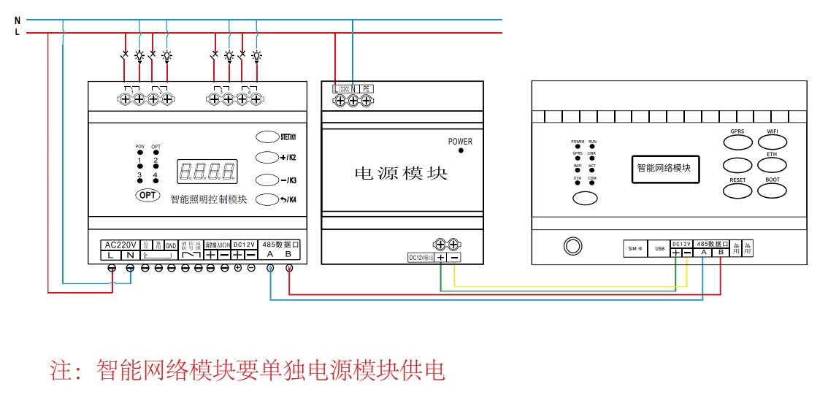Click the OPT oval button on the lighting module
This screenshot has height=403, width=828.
[x=147, y=195]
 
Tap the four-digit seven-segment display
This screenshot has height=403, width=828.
[x=207, y=172]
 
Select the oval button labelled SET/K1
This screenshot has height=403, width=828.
[x=267, y=137]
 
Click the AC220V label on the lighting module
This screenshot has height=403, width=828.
[x=120, y=245]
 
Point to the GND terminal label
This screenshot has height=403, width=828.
[x=170, y=245]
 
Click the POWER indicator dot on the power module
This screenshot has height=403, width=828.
[x=461, y=150]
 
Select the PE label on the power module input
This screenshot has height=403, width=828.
[x=367, y=88]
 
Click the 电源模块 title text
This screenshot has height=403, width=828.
[x=401, y=174]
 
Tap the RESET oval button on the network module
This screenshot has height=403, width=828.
[x=737, y=191]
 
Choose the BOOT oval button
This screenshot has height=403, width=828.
[x=772, y=191]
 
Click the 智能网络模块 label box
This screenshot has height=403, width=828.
[x=664, y=169]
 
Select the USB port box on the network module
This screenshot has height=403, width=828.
[x=660, y=249]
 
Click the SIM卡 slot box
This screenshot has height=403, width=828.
[x=635, y=249]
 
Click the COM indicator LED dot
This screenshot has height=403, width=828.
[x=591, y=183]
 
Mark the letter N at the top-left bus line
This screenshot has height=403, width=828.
[x=17, y=20]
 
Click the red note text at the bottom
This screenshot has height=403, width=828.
[x=247, y=370]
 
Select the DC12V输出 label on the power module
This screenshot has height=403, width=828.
[x=421, y=258]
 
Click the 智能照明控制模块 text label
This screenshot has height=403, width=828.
[x=209, y=199]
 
